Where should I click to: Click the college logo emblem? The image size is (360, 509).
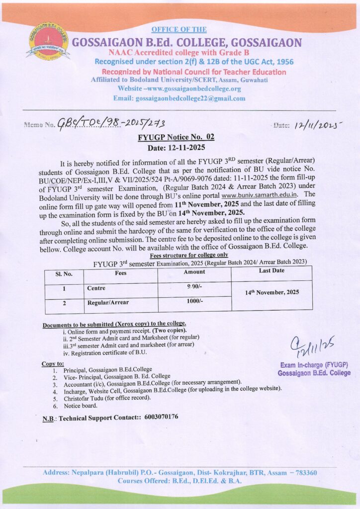[x=48, y=42]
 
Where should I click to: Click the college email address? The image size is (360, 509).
[x=190, y=98]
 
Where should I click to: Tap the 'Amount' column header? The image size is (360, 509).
[x=194, y=272]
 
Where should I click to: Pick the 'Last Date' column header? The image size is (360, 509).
[x=271, y=271]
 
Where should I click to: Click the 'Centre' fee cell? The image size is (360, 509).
[x=96, y=288]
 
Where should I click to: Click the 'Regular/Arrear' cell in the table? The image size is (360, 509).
[x=108, y=302]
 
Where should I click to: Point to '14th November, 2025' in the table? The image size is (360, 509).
[x=272, y=293]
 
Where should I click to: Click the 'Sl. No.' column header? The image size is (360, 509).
[x=64, y=273]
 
